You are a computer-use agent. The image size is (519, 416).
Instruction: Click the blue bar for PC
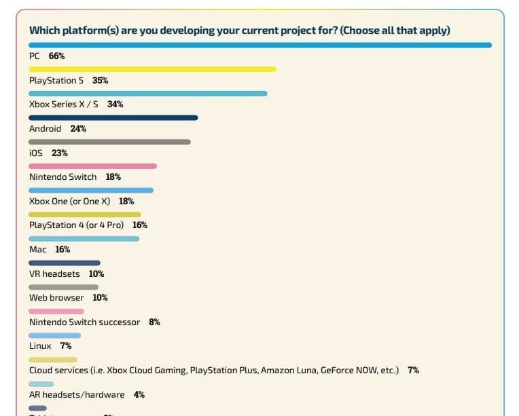click(259, 45)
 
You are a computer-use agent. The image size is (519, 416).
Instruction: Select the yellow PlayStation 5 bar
click(152, 69)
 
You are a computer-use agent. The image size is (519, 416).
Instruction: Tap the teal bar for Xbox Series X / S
click(148, 93)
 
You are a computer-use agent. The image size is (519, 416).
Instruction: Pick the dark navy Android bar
click(113, 117)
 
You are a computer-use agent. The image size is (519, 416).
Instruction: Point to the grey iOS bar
click(109, 142)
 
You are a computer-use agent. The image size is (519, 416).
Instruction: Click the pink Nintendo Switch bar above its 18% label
click(92, 166)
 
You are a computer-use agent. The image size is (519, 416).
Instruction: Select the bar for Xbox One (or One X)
click(91, 190)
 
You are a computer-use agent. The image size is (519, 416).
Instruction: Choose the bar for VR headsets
click(65, 263)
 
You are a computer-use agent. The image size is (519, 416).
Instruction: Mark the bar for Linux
click(54, 335)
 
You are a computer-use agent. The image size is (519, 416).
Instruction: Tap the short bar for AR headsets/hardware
click(41, 383)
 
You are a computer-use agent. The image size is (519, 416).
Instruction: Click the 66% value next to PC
click(56, 56)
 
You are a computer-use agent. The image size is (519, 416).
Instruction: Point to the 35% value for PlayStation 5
click(100, 81)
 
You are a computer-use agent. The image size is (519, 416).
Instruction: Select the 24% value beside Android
click(78, 129)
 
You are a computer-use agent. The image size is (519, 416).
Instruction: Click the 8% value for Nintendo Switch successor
click(154, 322)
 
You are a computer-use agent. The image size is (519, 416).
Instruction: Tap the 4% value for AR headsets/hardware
click(139, 395)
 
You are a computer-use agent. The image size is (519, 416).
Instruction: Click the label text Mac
click(38, 250)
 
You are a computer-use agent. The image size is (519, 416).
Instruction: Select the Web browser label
click(56, 298)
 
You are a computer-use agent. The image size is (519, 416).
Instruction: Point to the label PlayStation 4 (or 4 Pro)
click(76, 225)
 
